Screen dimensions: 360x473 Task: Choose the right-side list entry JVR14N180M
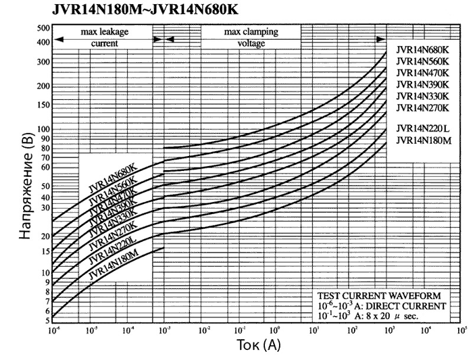[x=423, y=140]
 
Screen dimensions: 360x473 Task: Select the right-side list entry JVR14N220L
[x=423, y=128]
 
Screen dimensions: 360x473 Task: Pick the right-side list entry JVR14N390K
[x=423, y=84]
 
